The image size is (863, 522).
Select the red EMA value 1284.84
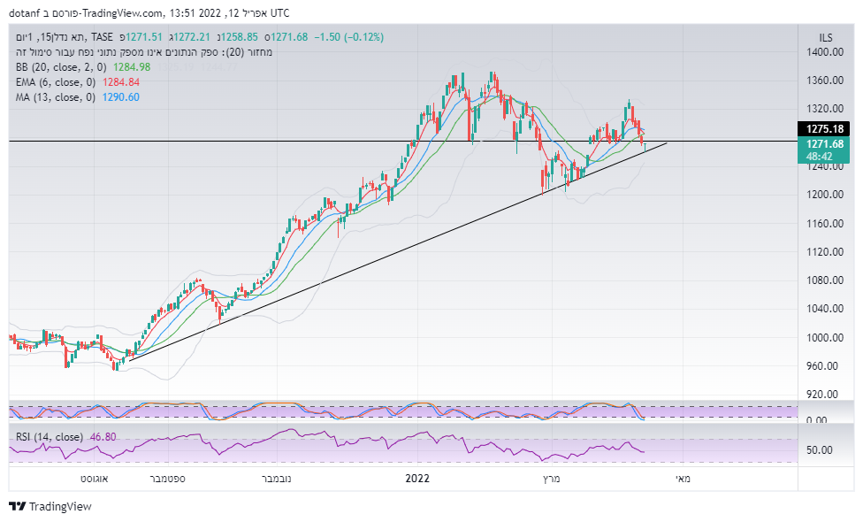(x=122, y=81)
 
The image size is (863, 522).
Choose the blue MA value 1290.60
(x=120, y=96)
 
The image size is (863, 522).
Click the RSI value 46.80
(x=103, y=436)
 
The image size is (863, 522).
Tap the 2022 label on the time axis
(x=416, y=478)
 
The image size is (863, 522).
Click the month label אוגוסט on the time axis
(x=94, y=478)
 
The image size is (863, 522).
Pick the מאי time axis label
(x=684, y=478)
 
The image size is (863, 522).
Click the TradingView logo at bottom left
(x=50, y=507)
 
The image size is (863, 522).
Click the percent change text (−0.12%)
(x=363, y=36)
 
